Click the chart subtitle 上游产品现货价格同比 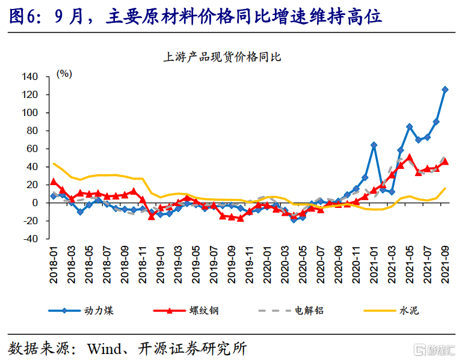pyautogui.click(x=222, y=58)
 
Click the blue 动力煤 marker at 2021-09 pyautogui.click(x=445, y=90)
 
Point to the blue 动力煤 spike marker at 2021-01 pyautogui.click(x=374, y=145)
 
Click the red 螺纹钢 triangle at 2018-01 pyautogui.click(x=54, y=182)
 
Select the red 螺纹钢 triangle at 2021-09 pyautogui.click(x=445, y=161)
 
